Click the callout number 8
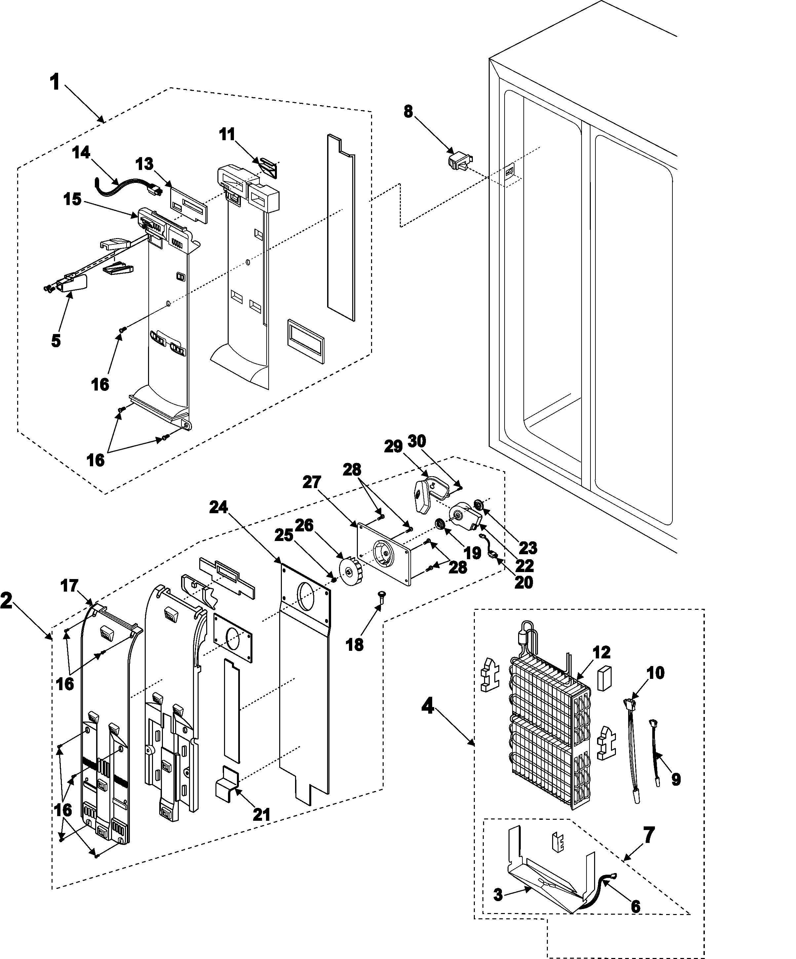408,111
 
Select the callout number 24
218,507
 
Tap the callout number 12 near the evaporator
602,652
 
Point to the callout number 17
70,586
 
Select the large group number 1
55,83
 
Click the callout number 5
56,341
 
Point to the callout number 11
227,134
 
